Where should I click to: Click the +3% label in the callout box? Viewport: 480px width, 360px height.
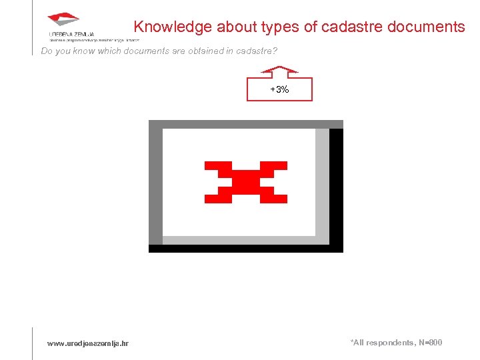(279, 89)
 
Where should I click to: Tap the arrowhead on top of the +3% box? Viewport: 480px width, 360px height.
(279, 69)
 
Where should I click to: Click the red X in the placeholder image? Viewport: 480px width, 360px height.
(245, 182)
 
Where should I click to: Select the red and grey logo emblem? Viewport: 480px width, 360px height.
(64, 20)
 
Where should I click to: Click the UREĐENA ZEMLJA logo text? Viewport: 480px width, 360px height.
(71, 34)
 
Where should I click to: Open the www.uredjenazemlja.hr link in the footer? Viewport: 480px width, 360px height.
(88, 343)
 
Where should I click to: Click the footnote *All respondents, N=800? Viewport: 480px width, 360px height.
(395, 343)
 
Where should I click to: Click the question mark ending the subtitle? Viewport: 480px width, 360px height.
(275, 51)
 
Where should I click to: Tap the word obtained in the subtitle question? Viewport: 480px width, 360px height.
(197, 51)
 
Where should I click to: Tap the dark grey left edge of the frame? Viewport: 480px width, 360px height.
(155, 187)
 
